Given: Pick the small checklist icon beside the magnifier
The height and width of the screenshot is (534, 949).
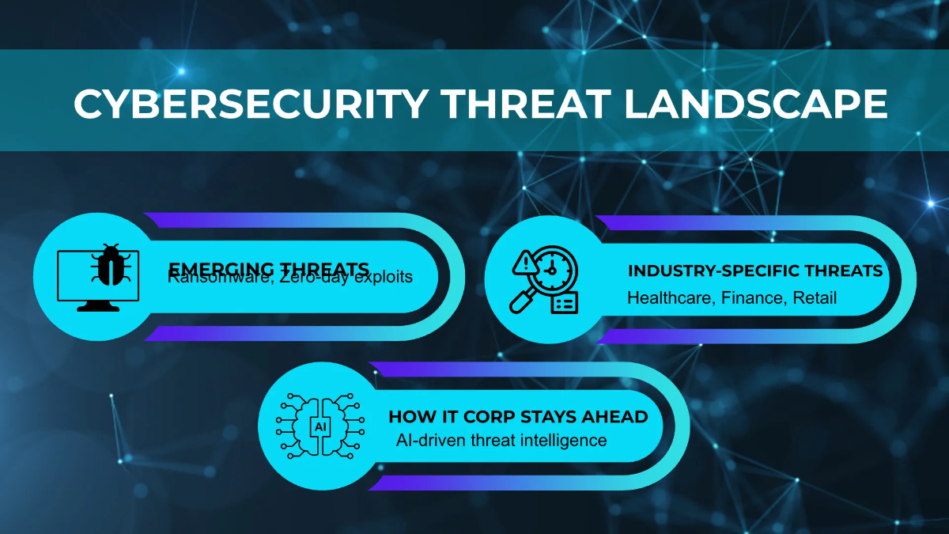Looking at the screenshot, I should tap(565, 302).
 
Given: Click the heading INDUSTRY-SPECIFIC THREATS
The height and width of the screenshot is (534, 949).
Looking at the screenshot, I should tap(755, 271).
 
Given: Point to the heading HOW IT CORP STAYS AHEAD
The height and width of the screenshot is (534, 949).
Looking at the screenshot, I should tap(518, 417).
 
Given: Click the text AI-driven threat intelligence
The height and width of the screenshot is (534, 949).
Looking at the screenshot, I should tap(501, 440).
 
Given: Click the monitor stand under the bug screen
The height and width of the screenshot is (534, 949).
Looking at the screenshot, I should tap(99, 306).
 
